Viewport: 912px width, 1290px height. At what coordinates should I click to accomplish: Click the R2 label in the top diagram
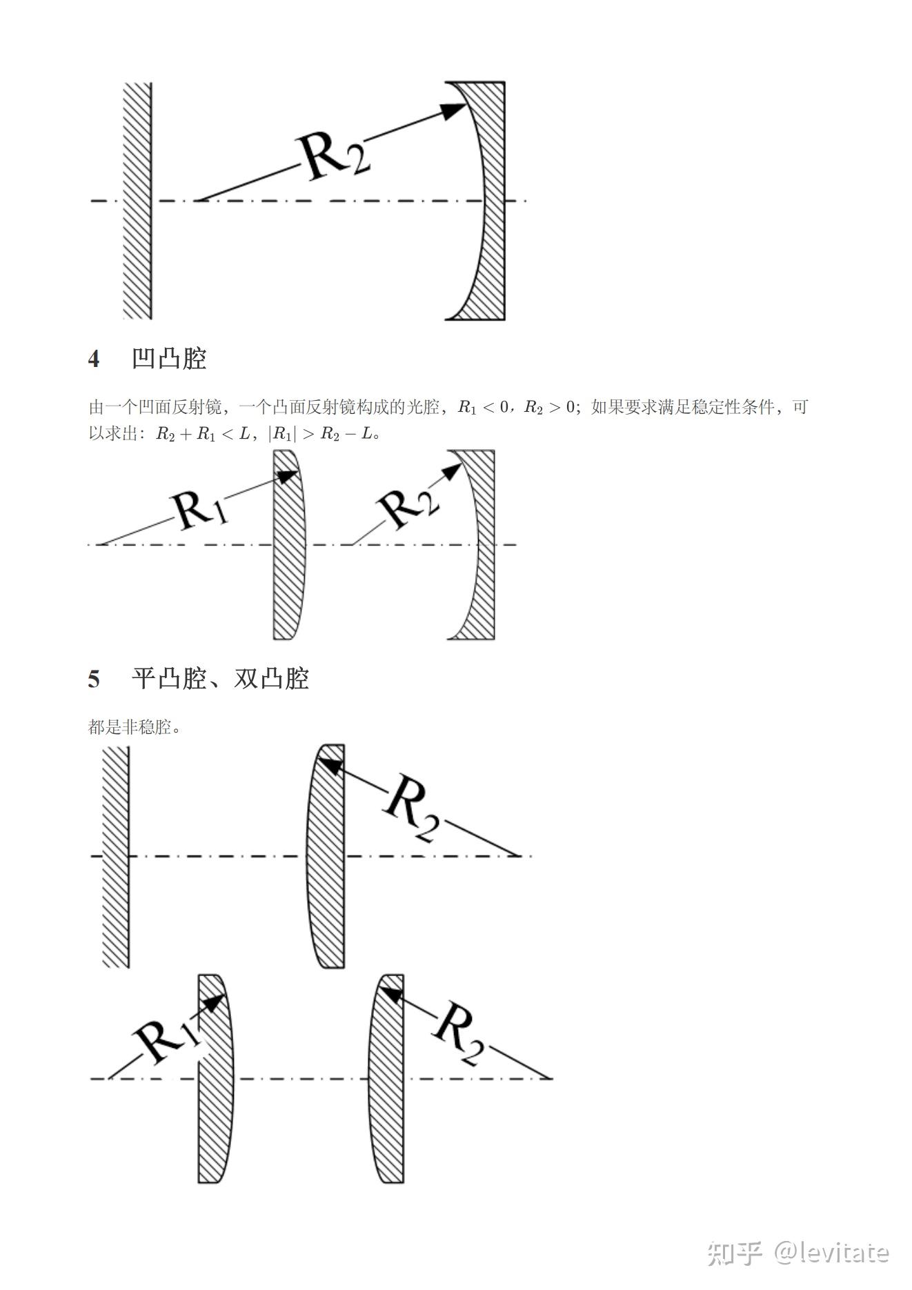(x=333, y=157)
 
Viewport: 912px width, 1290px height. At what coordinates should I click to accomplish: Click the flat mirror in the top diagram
(x=137, y=201)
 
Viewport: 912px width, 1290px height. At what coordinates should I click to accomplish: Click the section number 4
(x=94, y=359)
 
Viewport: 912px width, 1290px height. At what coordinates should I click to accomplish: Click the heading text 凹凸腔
(x=169, y=359)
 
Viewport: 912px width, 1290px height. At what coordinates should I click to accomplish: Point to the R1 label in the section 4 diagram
(x=200, y=511)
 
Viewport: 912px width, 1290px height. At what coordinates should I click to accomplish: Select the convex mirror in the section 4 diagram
(x=287, y=545)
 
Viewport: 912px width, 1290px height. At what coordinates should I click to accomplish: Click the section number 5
(x=94, y=679)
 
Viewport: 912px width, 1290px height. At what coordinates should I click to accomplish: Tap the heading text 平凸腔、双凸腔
(x=220, y=679)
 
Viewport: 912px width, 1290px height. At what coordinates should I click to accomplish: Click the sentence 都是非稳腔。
(x=135, y=727)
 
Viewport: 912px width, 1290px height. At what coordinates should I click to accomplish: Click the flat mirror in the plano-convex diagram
(x=115, y=857)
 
